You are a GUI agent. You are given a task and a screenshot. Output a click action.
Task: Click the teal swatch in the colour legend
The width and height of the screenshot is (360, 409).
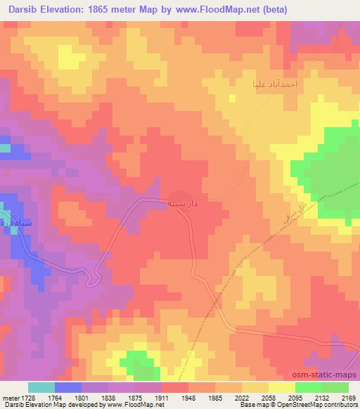click(x=41, y=387)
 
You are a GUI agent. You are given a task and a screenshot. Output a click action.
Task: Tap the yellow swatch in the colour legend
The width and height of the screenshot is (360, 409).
click(x=281, y=387)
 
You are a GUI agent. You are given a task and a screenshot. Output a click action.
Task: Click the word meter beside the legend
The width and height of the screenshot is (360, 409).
click(x=10, y=398)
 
